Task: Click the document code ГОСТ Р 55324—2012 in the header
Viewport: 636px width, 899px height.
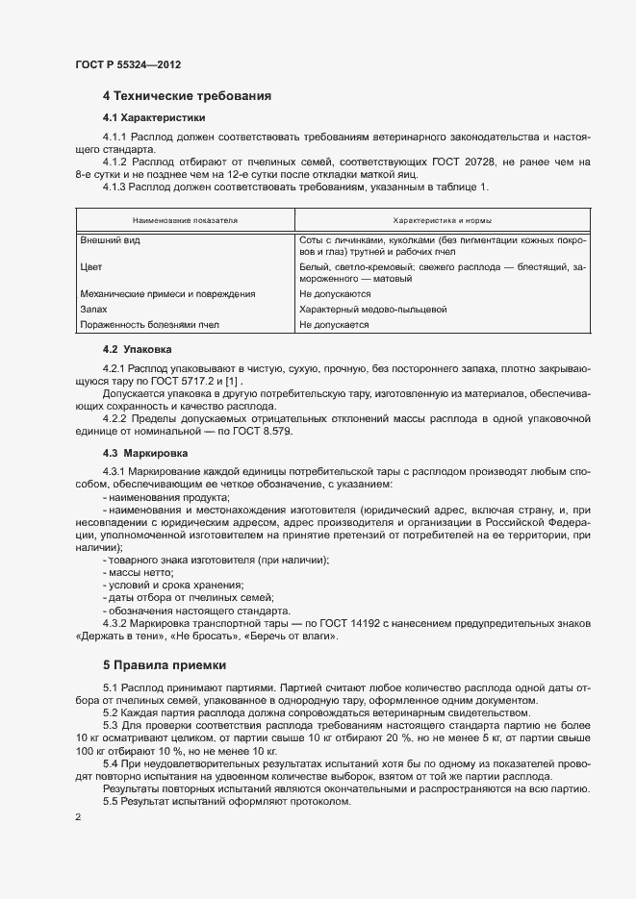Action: coord(128,64)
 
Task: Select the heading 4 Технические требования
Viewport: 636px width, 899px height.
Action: coord(187,96)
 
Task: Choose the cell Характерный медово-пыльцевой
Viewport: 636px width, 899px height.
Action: coord(373,310)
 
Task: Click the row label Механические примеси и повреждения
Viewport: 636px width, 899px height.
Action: coord(167,293)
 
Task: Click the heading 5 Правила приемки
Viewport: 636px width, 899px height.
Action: coord(165,664)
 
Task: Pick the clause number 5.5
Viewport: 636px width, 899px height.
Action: coord(110,802)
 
